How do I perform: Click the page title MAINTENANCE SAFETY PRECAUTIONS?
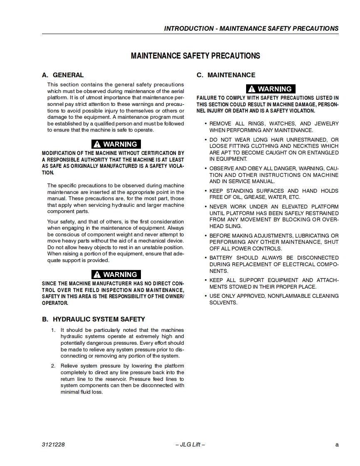pyautogui.click(x=195, y=56)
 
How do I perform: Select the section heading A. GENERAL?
pyautogui.click(x=63, y=75)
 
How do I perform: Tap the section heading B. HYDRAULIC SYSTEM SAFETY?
pyautogui.click(x=94, y=319)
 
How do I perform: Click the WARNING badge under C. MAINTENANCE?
pyautogui.click(x=271, y=89)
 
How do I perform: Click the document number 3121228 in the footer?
pyautogui.click(x=53, y=444)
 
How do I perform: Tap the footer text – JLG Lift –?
pyautogui.click(x=190, y=444)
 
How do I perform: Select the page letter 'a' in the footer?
pyautogui.click(x=337, y=444)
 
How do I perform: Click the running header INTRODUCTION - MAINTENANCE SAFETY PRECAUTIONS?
pyautogui.click(x=251, y=29)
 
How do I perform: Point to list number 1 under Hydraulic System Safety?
pyautogui.click(x=53, y=330)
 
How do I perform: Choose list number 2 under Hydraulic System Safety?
pyautogui.click(x=53, y=366)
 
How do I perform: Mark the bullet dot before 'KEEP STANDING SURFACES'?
pyautogui.click(x=205, y=191)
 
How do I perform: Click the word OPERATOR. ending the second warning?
pyautogui.click(x=55, y=303)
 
